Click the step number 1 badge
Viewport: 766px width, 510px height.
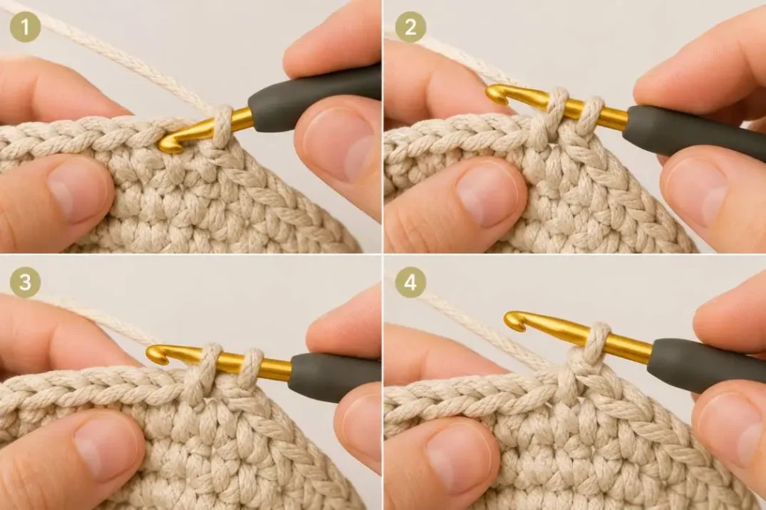tap(25, 28)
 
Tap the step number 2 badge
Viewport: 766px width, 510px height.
tap(411, 28)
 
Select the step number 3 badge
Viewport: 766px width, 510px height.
tap(25, 283)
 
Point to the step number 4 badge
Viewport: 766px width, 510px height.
tap(411, 283)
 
